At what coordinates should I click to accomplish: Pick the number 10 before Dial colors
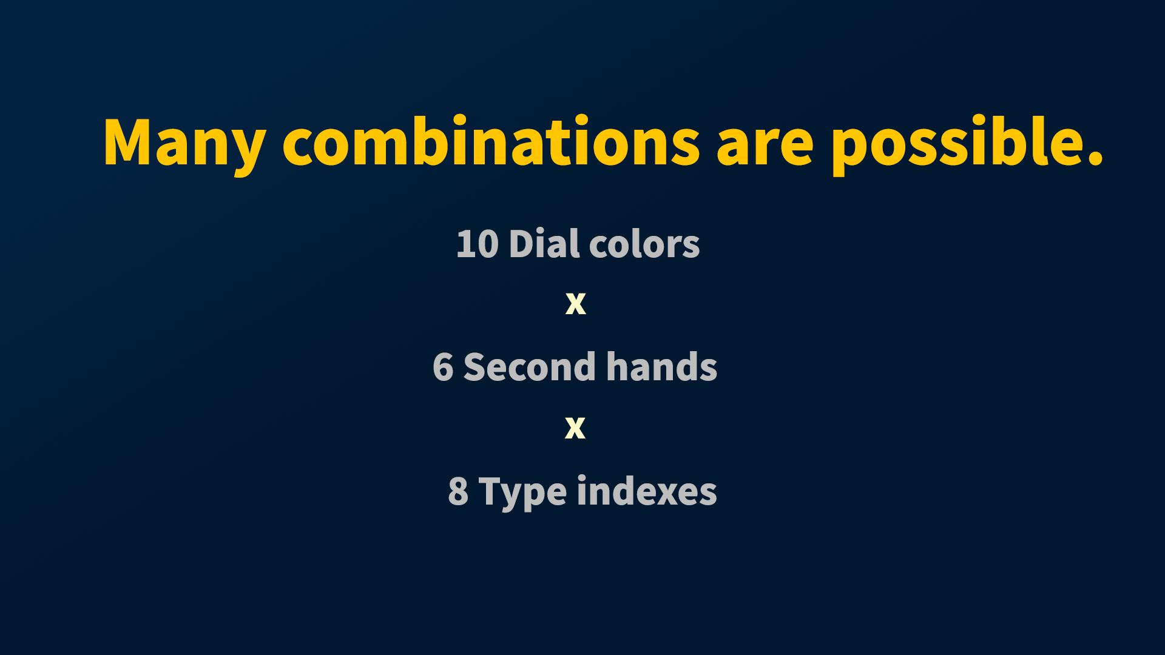(x=478, y=244)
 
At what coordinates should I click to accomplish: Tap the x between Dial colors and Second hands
(x=575, y=304)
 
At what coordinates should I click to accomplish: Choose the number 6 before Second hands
(x=444, y=368)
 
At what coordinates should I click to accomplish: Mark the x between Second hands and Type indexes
(x=575, y=428)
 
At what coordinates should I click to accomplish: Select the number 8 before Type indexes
(x=458, y=491)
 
